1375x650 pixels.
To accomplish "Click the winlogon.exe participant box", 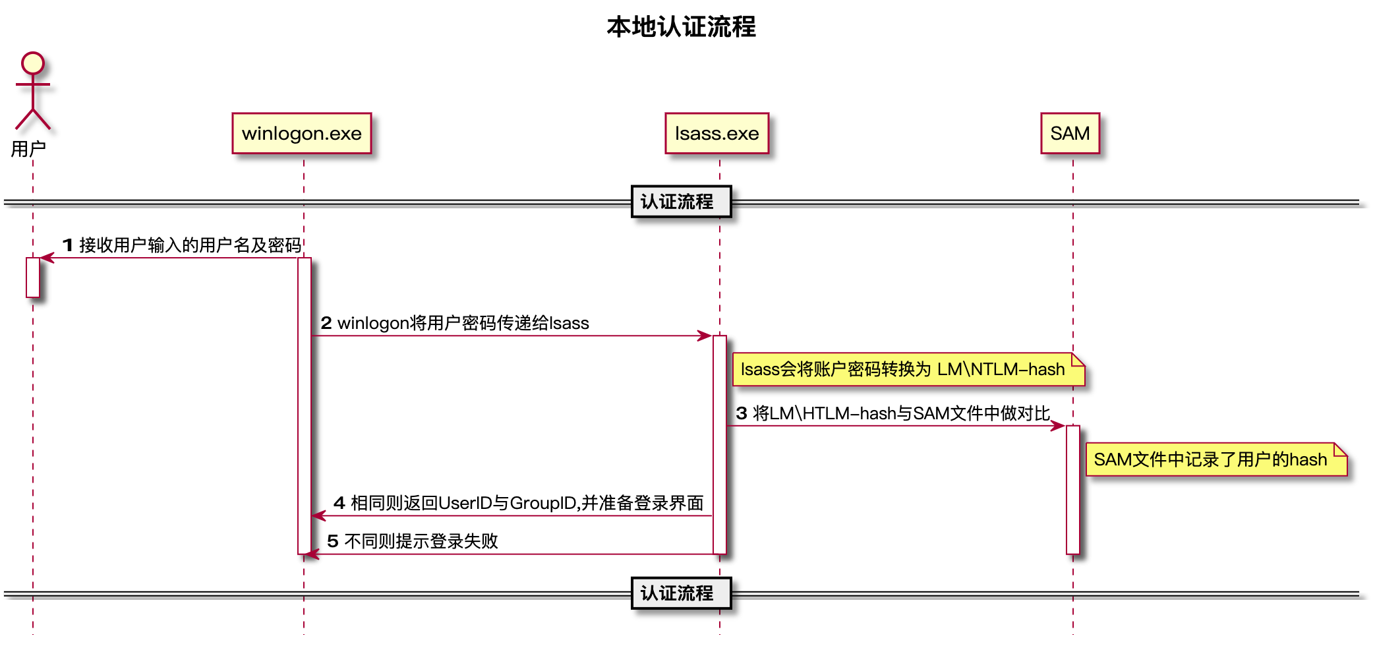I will pos(302,133).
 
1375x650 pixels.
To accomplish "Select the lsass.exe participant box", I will pos(717,133).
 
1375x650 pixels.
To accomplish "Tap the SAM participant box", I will pos(1070,133).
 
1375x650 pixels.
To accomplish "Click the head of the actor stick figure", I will pos(33,63).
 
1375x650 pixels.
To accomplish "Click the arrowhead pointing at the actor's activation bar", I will pos(47,258).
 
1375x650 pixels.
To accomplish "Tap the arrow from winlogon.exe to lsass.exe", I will pos(508,336).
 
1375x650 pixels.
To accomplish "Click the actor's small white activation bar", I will pos(33,278).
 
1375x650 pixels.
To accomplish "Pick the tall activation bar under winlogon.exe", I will pos(305,405).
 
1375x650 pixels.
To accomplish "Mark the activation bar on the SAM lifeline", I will pos(1073,489).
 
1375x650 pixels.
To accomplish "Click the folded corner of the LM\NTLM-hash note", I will pos(1078,359).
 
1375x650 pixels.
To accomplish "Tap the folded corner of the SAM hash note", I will pos(1340,450).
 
